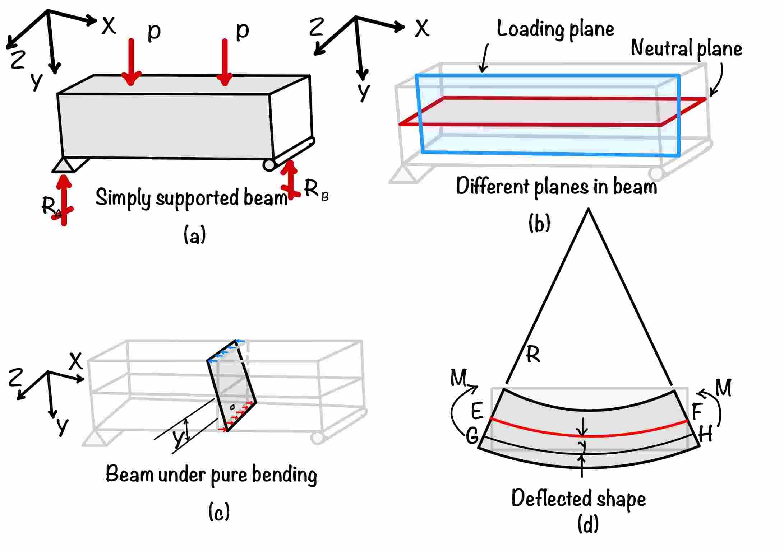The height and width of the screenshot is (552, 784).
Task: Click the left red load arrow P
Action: [131, 61]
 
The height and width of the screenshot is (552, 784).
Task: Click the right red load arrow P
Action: [225, 62]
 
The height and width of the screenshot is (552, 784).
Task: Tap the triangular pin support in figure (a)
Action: [64, 166]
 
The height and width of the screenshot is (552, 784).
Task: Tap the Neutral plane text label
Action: [686, 49]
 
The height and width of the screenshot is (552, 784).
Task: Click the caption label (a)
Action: [194, 235]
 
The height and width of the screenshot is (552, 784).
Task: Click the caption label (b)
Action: [539, 223]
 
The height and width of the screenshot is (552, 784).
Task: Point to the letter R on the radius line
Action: [532, 355]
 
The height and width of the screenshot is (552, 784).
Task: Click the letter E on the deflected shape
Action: [477, 411]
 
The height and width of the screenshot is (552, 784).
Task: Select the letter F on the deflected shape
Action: [697, 411]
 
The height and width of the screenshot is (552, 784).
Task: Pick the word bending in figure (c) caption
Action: [284, 475]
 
